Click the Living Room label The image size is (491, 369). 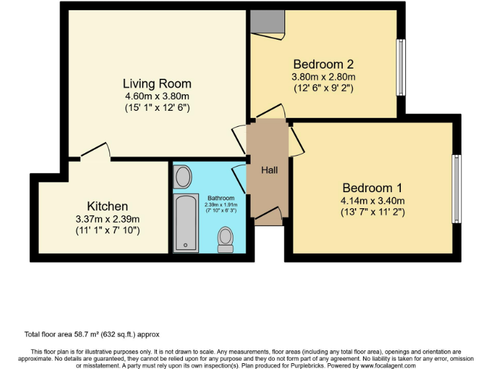pos(157,84)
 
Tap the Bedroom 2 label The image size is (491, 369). pos(323,64)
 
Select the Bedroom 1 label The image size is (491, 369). pos(372,188)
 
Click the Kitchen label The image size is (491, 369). pos(107,206)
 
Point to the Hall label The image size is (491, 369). pos(269,170)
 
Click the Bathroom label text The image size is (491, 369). pos(221,198)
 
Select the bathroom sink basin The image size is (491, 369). pos(182,176)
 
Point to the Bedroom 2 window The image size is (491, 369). pos(401,67)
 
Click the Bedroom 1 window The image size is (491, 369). pos(456,188)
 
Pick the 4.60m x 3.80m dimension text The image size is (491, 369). pos(157,97)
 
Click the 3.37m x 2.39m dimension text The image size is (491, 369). pos(107,218)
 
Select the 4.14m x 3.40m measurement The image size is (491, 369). pos(372,201)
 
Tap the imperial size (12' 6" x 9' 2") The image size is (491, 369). pos(323,88)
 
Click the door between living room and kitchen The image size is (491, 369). pos(95,151)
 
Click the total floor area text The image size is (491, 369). pos(91,334)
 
